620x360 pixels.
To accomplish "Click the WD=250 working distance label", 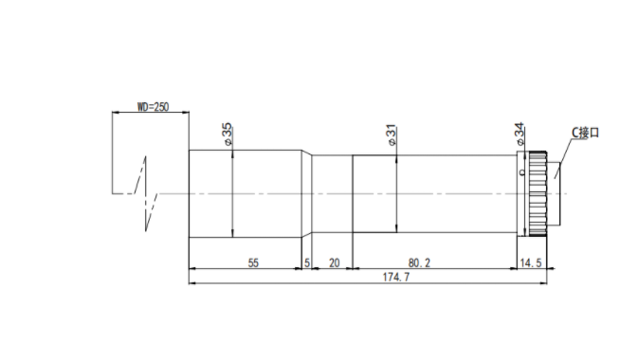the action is [x=153, y=107].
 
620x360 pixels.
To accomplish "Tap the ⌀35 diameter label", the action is [x=228, y=134].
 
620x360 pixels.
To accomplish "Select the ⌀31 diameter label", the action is [x=392, y=135].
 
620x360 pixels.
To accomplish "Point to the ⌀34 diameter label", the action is [x=520, y=134].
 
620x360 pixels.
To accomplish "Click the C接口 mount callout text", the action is [x=585, y=133].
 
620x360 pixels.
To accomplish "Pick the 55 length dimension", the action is [x=253, y=262].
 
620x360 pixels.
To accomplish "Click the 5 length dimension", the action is [x=307, y=262].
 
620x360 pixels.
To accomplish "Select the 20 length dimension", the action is [x=334, y=262].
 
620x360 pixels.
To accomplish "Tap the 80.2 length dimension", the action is [x=419, y=262].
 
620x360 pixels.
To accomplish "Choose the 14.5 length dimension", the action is [x=531, y=262].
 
